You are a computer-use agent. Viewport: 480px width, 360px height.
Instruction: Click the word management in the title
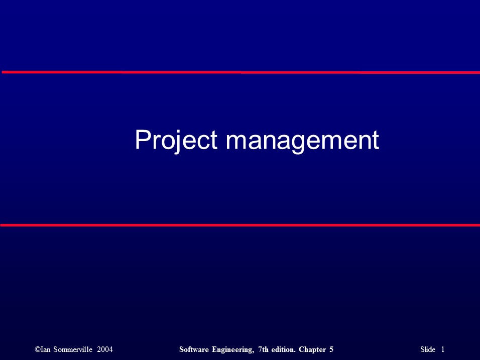(x=302, y=141)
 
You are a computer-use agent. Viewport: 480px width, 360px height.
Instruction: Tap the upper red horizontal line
(x=240, y=72)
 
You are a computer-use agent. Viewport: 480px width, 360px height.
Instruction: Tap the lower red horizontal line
(x=240, y=225)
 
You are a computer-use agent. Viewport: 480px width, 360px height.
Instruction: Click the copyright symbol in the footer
(x=38, y=349)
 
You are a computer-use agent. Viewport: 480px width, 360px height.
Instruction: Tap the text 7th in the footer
(x=263, y=349)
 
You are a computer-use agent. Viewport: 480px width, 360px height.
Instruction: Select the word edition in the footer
(x=284, y=349)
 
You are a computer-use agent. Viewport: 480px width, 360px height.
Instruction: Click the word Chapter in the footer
(x=313, y=349)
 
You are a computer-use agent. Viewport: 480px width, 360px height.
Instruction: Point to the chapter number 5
(x=332, y=349)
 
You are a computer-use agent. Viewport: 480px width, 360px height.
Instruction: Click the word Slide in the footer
(x=428, y=349)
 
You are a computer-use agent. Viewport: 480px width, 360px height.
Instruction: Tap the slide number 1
(x=443, y=349)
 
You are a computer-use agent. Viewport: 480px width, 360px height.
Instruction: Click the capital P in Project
(x=142, y=140)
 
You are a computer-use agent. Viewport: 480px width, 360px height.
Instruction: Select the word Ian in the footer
(x=46, y=349)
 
